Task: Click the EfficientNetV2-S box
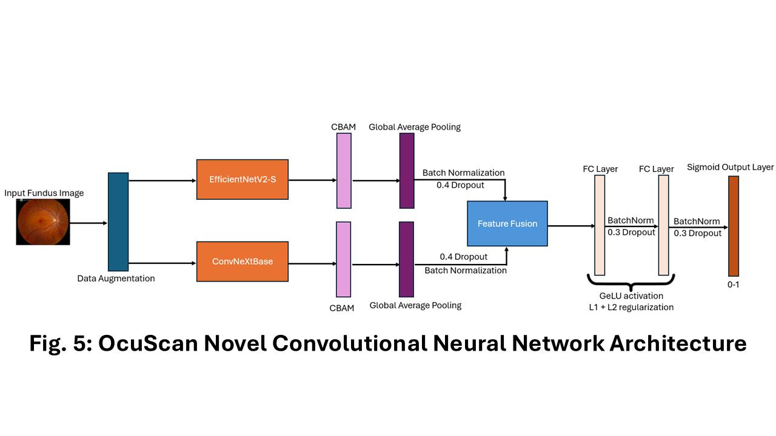tap(242, 179)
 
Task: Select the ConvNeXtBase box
tap(242, 261)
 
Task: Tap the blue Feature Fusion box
tap(507, 223)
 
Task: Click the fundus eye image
tap(43, 222)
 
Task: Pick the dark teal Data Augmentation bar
tap(118, 222)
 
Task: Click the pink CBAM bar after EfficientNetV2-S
tap(344, 171)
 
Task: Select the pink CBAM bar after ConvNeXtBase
tap(343, 259)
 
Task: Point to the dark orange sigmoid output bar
tap(734, 226)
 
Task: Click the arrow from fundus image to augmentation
tap(89, 223)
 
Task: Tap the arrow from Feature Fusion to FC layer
tap(571, 226)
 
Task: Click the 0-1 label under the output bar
tap(733, 285)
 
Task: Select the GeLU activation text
tap(631, 296)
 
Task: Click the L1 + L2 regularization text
tap(631, 307)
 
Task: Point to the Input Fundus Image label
tap(44, 193)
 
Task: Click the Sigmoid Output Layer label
tap(731, 167)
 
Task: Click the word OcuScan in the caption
tap(148, 343)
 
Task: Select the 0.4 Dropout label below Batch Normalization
tap(460, 185)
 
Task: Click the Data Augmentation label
tap(116, 279)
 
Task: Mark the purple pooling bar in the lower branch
tap(406, 259)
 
